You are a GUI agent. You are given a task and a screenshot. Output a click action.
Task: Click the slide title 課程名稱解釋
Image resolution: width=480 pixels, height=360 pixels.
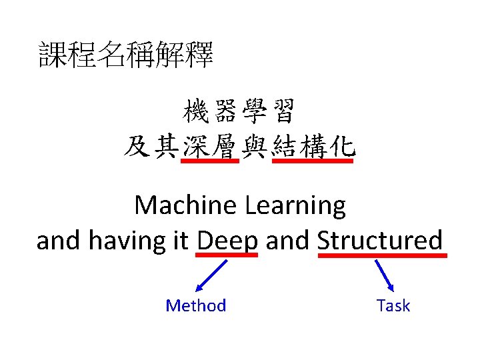coord(126,55)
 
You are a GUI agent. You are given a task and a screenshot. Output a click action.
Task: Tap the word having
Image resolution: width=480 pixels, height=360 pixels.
coord(137,241)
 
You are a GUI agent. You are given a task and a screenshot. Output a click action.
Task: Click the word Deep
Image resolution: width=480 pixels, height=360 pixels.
coord(227,240)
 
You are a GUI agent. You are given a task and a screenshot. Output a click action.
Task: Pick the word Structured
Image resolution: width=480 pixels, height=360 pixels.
coord(380,240)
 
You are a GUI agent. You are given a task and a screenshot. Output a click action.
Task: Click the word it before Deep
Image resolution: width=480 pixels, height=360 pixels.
coord(181,240)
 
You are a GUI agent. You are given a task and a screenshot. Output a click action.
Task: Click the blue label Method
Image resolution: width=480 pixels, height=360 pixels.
coord(196,306)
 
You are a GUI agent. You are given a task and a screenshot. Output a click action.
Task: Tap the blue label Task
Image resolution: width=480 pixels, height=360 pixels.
coord(393,306)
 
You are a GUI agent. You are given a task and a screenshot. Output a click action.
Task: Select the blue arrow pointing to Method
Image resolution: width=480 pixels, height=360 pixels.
coord(211,276)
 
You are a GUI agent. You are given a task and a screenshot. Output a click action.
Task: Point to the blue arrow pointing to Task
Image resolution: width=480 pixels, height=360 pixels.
coord(385,275)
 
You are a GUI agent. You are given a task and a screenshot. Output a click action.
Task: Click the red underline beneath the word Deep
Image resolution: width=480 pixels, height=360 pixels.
coord(227,255)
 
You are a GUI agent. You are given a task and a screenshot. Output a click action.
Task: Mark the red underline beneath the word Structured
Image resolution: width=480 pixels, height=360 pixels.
coord(383,255)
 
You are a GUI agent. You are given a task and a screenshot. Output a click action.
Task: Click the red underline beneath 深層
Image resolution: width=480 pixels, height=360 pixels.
coord(210,161)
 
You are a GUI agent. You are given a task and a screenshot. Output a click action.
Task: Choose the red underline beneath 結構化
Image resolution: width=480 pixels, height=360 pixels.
coord(313,161)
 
